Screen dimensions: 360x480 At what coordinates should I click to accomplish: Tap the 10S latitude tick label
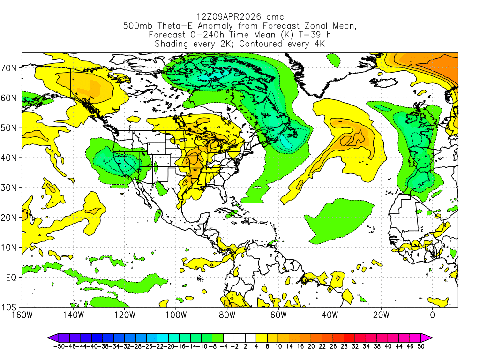tap(10, 307)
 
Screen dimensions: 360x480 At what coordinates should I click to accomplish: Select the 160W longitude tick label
tap(22, 315)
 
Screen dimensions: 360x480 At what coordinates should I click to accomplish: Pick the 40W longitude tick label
tap(330, 315)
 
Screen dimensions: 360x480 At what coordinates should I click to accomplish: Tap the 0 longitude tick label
tap(432, 315)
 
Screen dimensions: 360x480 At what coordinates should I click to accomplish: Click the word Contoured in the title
tap(264, 44)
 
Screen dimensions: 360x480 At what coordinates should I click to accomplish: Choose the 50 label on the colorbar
tap(421, 346)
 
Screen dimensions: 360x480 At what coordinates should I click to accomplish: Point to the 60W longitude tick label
tap(278, 315)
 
